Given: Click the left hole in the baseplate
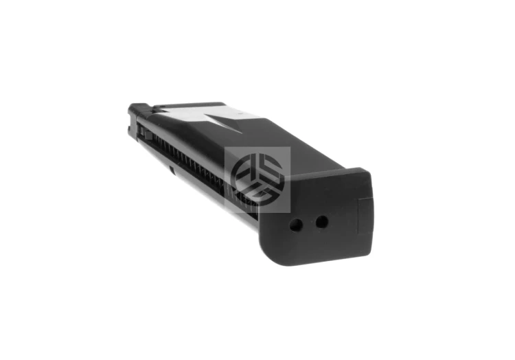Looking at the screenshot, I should coord(296,225).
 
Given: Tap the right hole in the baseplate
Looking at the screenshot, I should coord(321,221).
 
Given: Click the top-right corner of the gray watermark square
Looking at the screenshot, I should coord(290,147).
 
